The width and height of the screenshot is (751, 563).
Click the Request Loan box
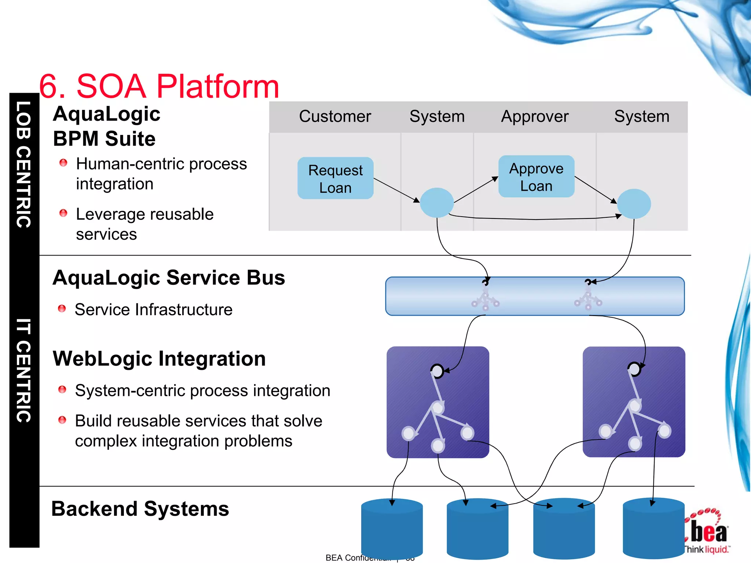point(335,179)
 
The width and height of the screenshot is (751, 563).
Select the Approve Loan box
point(536,177)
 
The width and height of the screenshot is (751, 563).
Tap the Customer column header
point(335,117)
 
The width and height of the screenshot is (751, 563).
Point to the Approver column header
point(535,117)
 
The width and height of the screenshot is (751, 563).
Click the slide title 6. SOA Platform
point(159,87)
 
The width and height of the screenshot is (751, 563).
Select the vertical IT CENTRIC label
point(24,370)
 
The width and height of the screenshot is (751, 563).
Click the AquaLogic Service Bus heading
point(169,277)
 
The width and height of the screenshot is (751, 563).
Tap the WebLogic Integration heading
point(159,358)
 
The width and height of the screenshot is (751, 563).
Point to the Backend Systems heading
point(140,509)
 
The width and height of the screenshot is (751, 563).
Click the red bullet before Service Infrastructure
point(62,309)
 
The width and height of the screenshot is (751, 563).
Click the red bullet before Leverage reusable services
point(63,213)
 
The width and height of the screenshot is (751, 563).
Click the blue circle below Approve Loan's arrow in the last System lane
point(634,204)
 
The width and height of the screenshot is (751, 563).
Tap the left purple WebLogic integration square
point(438,402)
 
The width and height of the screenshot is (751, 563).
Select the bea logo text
point(708,532)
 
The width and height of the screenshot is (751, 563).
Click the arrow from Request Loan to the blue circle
point(396,190)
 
